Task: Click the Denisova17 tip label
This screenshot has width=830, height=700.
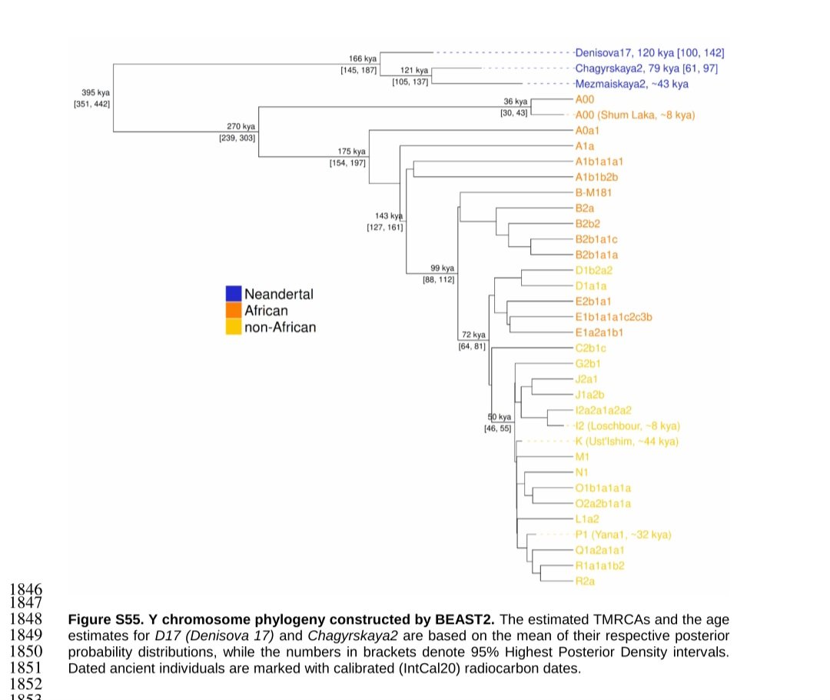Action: pyautogui.click(x=649, y=53)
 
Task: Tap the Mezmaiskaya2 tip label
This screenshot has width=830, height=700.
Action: pyautogui.click(x=632, y=84)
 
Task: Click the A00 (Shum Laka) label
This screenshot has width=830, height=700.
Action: pyautogui.click(x=635, y=115)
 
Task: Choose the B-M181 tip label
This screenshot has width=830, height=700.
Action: pyautogui.click(x=593, y=192)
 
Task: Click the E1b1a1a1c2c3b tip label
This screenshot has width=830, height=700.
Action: pyautogui.click(x=613, y=317)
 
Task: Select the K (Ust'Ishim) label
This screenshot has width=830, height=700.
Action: pyautogui.click(x=626, y=442)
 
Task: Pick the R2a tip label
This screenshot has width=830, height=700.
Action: pyautogui.click(x=585, y=582)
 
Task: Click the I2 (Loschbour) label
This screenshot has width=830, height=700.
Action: pyautogui.click(x=627, y=426)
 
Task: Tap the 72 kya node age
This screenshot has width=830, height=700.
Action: pyautogui.click(x=473, y=335)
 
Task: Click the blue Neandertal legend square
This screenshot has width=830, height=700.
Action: pyautogui.click(x=234, y=294)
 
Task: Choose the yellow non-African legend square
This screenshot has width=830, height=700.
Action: pyautogui.click(x=234, y=327)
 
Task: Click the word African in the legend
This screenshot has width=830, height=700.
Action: pyautogui.click(x=266, y=311)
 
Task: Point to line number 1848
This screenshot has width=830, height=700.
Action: pyautogui.click(x=25, y=619)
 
